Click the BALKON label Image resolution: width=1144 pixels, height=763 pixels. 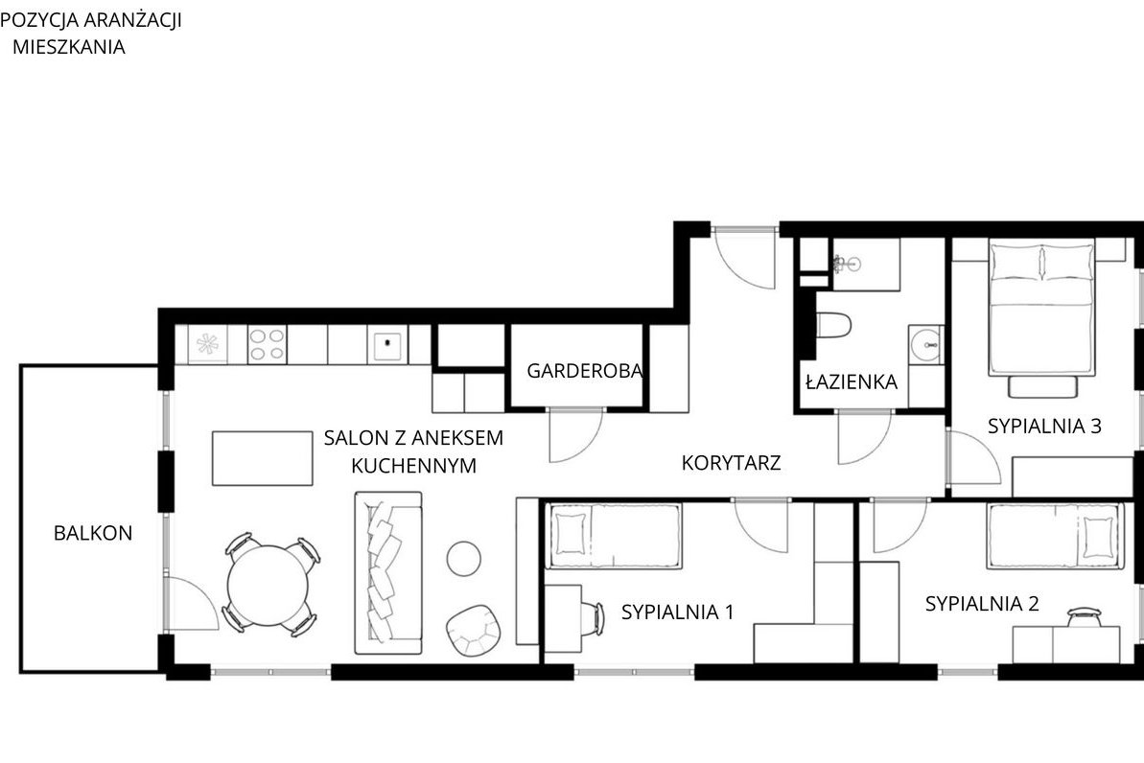tap(93, 533)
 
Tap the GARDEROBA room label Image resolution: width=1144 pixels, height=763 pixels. tap(585, 371)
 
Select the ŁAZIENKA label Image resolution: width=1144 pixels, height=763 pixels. tap(852, 381)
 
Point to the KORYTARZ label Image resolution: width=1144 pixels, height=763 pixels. tap(731, 462)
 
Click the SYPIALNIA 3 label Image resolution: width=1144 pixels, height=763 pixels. tap(1045, 426)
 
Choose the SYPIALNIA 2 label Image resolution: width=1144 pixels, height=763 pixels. tap(982, 604)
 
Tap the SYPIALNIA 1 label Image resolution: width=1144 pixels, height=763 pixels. tap(678, 612)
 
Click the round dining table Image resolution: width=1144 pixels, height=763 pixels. tap(268, 585)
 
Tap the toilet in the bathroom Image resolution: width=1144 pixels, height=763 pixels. tap(833, 325)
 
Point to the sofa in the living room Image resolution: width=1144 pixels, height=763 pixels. tap(388, 572)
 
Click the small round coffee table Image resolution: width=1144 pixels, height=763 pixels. tap(463, 559)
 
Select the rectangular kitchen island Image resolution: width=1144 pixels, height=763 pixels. tap(263, 458)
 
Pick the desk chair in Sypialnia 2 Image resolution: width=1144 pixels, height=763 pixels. tap(1085, 617)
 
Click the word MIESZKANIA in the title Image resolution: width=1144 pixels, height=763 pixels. tap(69, 47)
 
